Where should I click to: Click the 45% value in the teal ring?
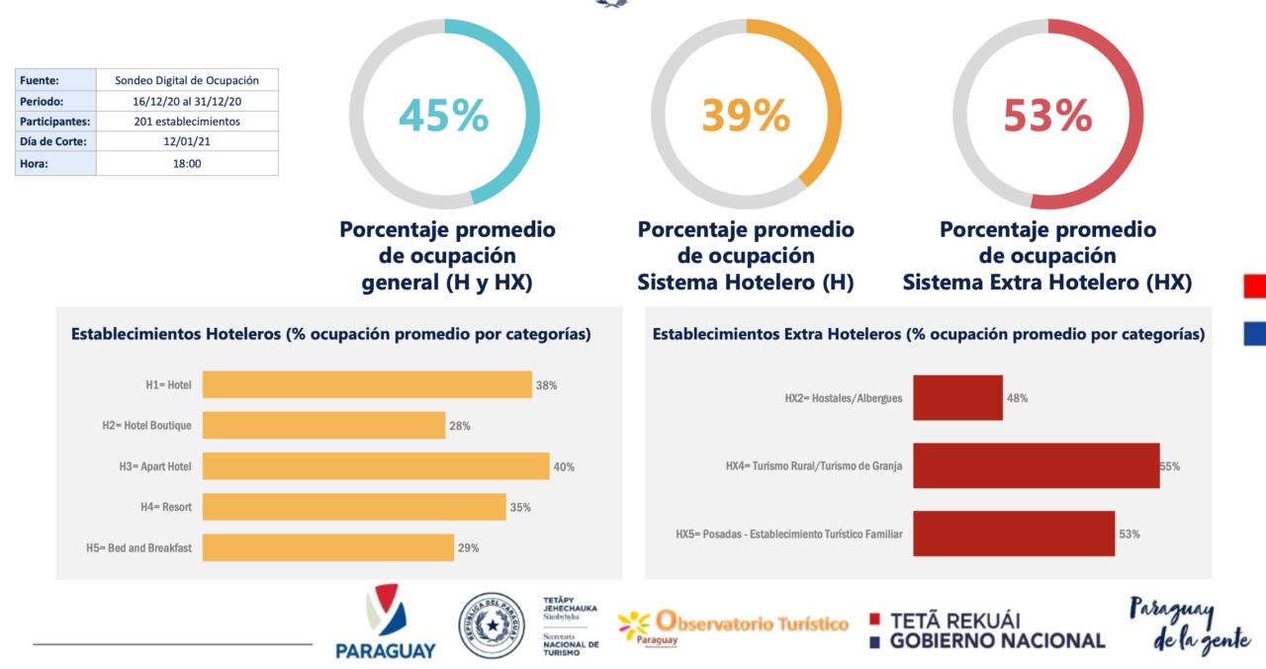pos(443,115)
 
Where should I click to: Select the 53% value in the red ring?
pos(1046,115)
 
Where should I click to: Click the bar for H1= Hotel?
pos(367,384)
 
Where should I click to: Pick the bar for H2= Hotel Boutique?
pos(323,426)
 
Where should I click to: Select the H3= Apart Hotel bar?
pos(376,466)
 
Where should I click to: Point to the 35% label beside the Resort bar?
pos(520,508)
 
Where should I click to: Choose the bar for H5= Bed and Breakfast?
pos(328,547)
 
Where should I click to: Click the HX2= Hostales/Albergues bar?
pos(957,398)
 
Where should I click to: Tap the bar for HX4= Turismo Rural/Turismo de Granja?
pos(1036,465)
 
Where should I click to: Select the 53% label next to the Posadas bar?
pos(1130,534)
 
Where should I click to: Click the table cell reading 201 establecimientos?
pos(187,122)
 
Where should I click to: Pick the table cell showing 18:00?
pos(187,163)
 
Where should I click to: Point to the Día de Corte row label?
pos(55,142)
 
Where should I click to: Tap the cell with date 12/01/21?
pos(187,142)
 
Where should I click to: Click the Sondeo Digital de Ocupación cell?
pos(187,80)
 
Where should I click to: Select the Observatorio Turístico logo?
pos(733,627)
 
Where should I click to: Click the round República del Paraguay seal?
pos(492,626)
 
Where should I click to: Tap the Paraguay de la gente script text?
pos(1187,626)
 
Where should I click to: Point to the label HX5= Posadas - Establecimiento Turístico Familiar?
pos(788,535)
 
